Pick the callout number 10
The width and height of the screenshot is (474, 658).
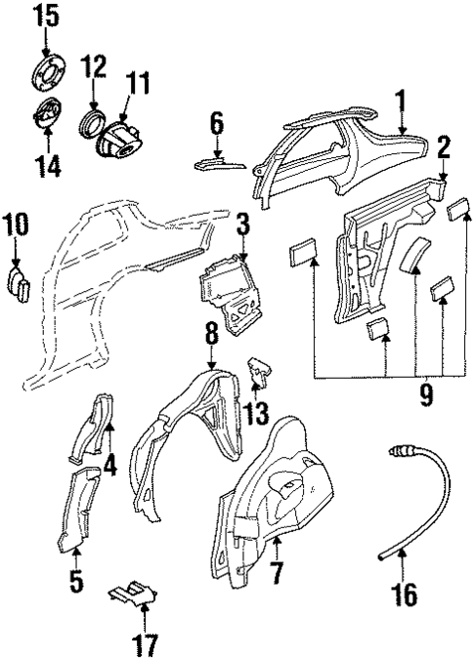click(17, 225)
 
